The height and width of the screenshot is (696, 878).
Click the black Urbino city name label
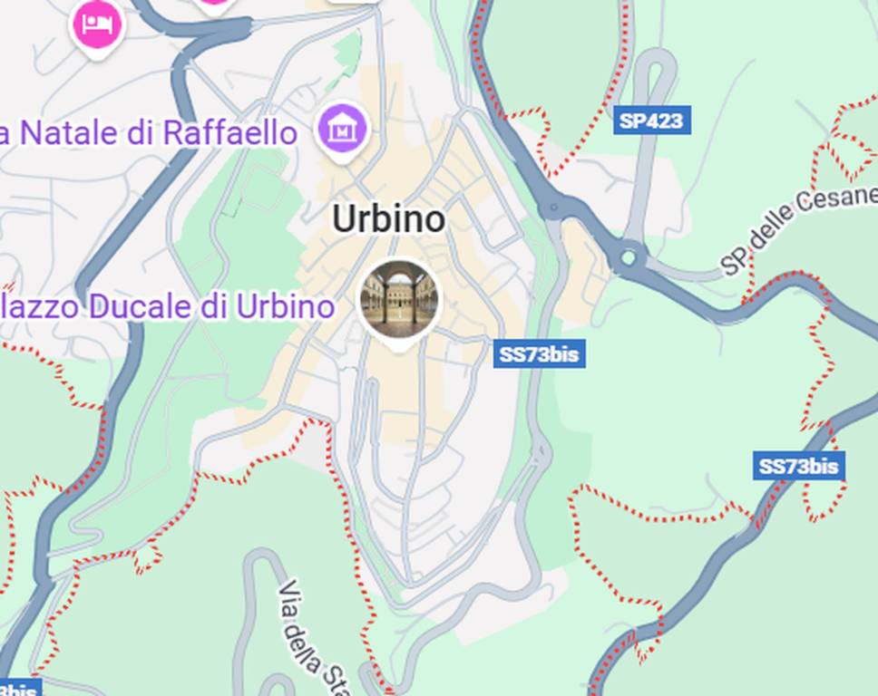pos(388,218)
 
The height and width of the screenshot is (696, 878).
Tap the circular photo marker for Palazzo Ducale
pos(399,298)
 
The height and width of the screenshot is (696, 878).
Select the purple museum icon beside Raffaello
pos(343,129)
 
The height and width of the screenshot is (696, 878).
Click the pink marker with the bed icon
pos(97,24)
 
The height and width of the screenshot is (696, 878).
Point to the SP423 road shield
pos(651,120)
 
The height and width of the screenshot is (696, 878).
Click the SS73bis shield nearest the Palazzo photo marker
pos(539,354)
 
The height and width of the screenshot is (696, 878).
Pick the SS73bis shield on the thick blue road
pos(798,467)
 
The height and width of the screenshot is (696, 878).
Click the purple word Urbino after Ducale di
pos(285,306)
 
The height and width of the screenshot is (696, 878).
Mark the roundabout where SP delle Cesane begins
pos(628,257)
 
